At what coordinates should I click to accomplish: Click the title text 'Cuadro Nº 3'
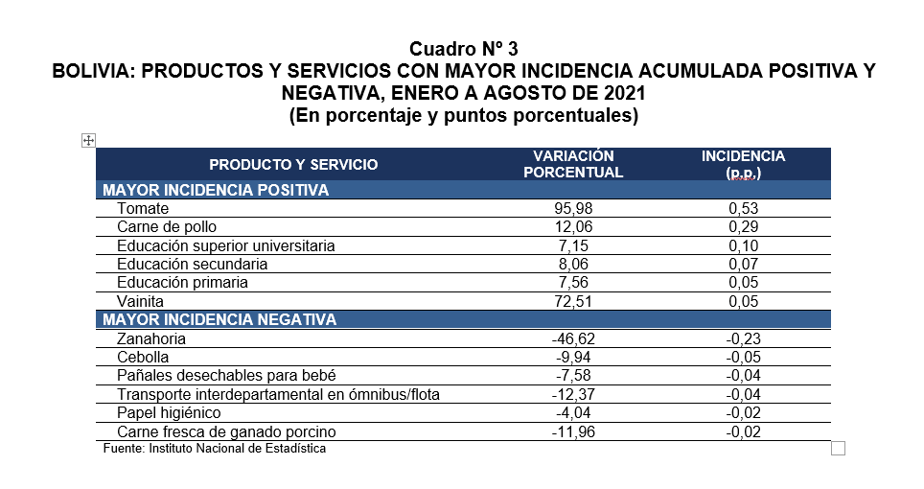(463, 48)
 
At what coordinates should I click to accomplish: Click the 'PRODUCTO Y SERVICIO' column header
(293, 164)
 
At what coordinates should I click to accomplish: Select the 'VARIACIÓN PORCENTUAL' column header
(573, 164)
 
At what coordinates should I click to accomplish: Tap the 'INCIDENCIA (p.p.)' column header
(743, 164)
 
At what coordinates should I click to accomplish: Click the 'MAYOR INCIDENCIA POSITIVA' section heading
(216, 190)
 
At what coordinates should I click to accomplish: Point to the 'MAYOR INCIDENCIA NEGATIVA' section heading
(219, 319)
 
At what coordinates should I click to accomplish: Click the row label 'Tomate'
(143, 209)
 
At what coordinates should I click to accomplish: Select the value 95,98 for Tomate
(573, 209)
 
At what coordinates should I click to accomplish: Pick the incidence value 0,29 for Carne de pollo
(744, 227)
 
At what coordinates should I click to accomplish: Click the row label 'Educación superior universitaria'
(225, 245)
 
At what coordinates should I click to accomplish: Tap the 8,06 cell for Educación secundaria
(573, 264)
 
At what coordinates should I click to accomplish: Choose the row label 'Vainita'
(140, 301)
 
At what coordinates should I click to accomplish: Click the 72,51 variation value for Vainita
(573, 301)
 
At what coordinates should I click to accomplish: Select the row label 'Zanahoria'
(151, 338)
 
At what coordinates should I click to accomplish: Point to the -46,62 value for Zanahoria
(573, 338)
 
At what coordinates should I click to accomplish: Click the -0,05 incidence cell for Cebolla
(743, 357)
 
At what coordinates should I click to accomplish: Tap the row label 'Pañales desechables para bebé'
(226, 375)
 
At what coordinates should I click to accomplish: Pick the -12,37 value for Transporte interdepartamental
(573, 394)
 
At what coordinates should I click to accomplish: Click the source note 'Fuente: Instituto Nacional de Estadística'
(215, 449)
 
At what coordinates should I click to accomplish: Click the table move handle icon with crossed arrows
(88, 140)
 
